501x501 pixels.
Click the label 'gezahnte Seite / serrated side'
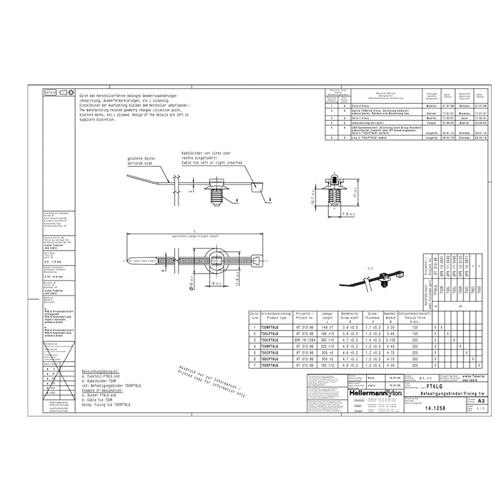click(143, 161)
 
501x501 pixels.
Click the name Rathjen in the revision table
click(464, 106)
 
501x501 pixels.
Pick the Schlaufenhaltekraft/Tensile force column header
click(414, 316)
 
